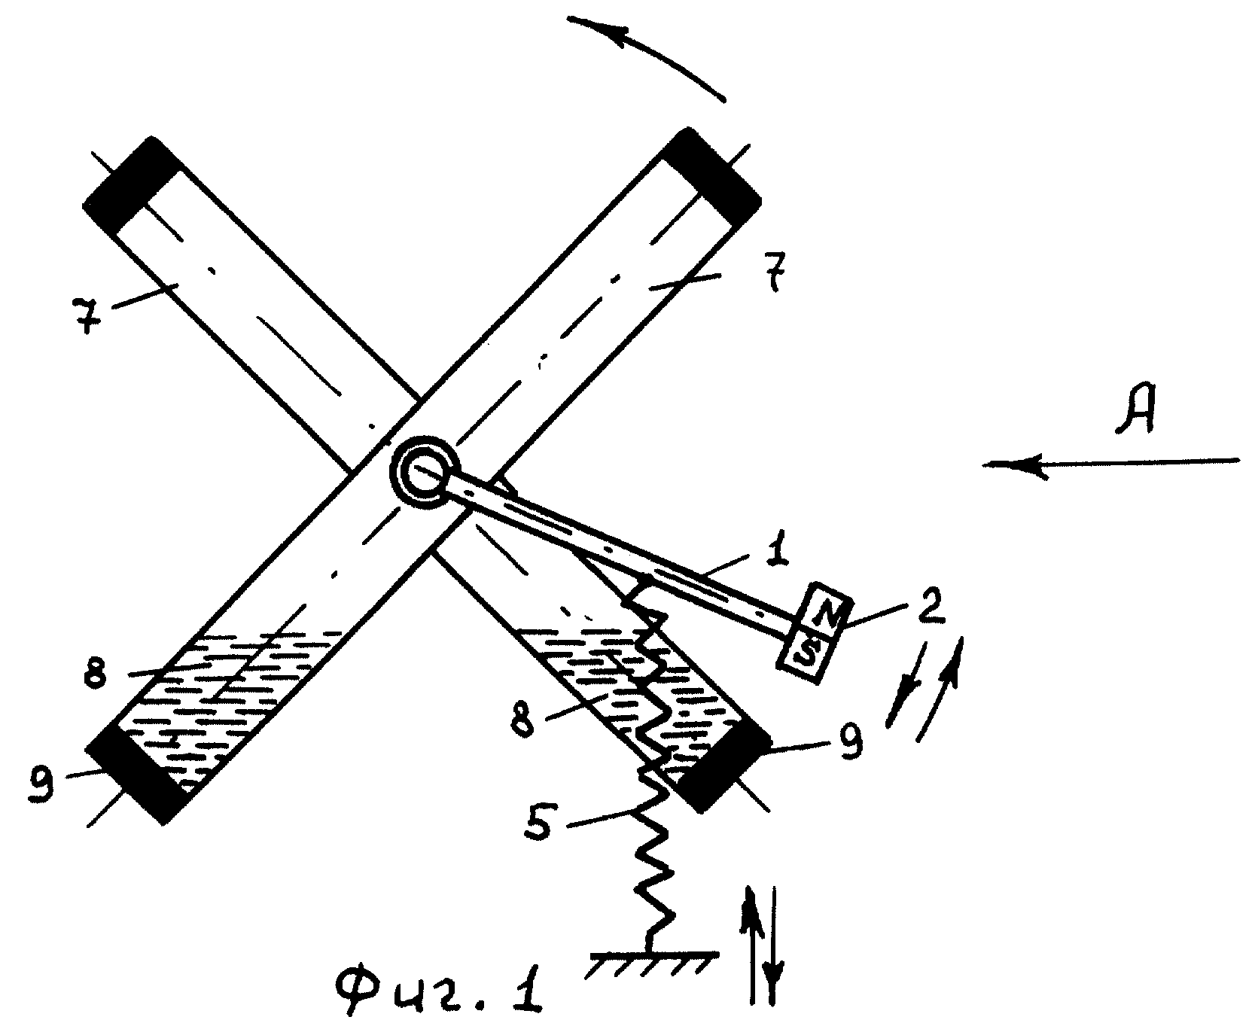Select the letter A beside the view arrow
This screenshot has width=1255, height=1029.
[1135, 411]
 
